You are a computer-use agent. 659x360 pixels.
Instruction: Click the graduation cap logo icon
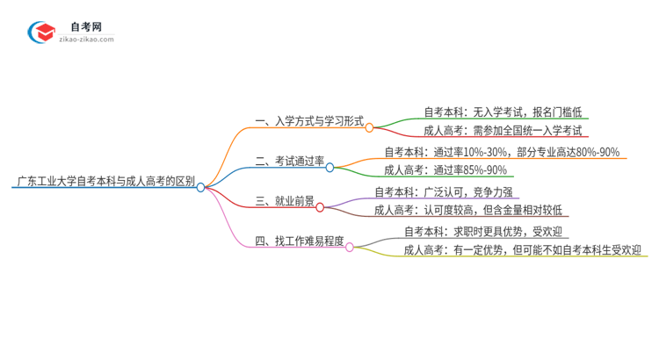click(41, 32)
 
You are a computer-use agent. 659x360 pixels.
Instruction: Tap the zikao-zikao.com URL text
click(85, 40)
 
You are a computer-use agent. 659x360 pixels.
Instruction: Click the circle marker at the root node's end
click(200, 187)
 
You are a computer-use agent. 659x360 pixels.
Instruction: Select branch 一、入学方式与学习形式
click(308, 122)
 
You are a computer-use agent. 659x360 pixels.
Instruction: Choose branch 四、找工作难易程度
click(298, 241)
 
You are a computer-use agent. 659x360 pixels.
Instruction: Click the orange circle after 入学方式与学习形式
click(369, 127)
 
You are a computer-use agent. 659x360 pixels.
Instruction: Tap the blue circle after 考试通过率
click(330, 166)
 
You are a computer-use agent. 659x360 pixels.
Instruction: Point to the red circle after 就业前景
click(320, 207)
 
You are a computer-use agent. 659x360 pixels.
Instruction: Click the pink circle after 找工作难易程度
click(349, 247)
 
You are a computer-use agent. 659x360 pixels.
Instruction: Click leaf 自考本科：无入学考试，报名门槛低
click(502, 112)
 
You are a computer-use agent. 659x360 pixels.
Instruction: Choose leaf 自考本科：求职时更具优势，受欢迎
click(483, 231)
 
